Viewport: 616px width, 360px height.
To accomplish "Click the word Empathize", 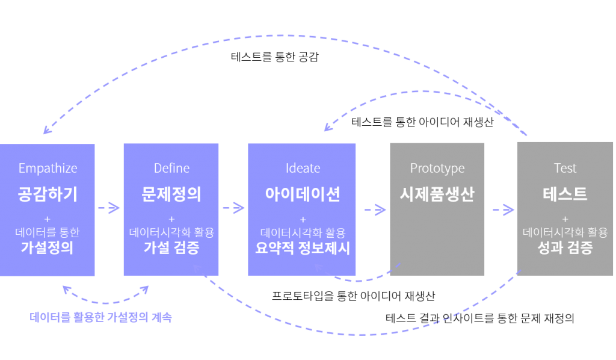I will pos(48,168).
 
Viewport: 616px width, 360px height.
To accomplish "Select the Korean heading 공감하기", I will pos(48,194).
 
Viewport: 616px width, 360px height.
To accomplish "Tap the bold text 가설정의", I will pos(48,247).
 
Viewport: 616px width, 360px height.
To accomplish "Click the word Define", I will pos(171,168).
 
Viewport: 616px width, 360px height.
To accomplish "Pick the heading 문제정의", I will pos(171,194).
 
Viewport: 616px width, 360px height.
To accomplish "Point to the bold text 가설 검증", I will pos(171,247).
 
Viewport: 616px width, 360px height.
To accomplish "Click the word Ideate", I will pos(303,168).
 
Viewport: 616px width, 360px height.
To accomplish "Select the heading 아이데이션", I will pos(303,194).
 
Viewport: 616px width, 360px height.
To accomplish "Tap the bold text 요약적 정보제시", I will pos(303,247).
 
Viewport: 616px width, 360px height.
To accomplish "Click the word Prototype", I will pos(437,168).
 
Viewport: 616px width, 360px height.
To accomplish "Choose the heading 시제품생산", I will pos(437,194).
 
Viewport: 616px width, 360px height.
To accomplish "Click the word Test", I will pos(565,168).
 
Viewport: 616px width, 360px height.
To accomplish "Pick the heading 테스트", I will pos(565,194).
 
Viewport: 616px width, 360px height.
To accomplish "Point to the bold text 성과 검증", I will pos(565,247).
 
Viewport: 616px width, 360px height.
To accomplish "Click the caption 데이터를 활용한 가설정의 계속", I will pos(101,317).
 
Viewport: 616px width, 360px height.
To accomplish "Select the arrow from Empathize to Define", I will pos(109,208).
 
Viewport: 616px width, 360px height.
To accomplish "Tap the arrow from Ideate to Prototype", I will pos(375,209).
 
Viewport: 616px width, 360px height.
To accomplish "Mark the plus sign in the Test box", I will pos(565,219).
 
